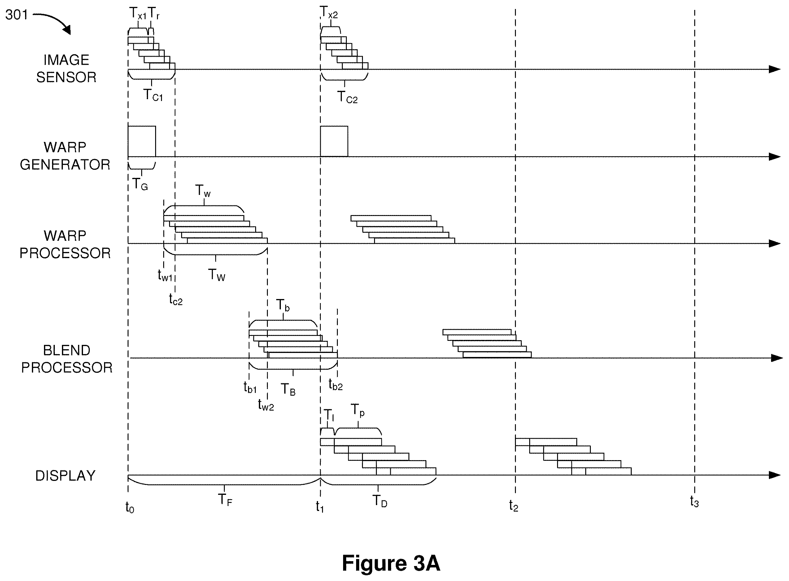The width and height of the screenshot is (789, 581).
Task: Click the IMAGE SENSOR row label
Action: click(x=66, y=68)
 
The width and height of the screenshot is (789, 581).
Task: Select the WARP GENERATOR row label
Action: click(x=65, y=156)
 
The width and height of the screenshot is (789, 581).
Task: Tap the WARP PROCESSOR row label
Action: click(x=65, y=244)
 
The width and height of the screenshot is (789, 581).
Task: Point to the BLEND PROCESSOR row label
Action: click(x=67, y=359)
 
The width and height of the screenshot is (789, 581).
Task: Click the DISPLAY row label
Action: click(x=65, y=476)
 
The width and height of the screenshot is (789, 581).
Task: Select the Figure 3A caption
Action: click(x=391, y=563)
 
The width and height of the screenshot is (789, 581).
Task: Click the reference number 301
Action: click(x=16, y=15)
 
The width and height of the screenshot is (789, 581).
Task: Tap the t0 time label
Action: click(x=130, y=508)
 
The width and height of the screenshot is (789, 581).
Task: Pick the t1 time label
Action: click(x=320, y=507)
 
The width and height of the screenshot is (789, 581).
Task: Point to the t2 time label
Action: click(x=513, y=506)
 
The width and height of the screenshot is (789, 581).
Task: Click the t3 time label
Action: click(x=694, y=501)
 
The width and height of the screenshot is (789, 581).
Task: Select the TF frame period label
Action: click(x=225, y=500)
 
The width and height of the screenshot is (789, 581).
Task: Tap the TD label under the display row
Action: click(x=380, y=501)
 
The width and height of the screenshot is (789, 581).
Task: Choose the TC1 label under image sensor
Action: click(x=153, y=95)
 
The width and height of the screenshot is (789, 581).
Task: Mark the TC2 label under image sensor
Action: click(x=347, y=97)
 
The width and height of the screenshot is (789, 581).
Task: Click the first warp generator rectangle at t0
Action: click(x=142, y=141)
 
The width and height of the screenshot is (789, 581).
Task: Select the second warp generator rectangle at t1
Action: click(x=334, y=141)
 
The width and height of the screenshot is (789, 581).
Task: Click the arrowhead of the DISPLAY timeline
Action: click(x=775, y=475)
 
